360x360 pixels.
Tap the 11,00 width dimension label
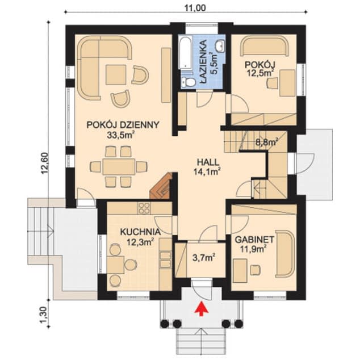point(195,8)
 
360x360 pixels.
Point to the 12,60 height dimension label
point(45,163)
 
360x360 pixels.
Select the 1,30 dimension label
point(45,315)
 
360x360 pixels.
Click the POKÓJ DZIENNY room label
point(123,125)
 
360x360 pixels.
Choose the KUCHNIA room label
point(140,232)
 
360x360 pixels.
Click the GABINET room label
point(254,240)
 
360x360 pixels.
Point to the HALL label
point(208,162)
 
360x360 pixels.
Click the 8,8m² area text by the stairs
point(267,142)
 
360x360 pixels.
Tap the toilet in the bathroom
point(187,82)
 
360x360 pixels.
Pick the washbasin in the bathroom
point(220,45)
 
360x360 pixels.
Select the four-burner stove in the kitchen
point(144,208)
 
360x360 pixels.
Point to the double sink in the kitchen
point(166,259)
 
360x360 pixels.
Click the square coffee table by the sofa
point(116,74)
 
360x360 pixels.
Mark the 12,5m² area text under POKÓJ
point(261,73)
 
